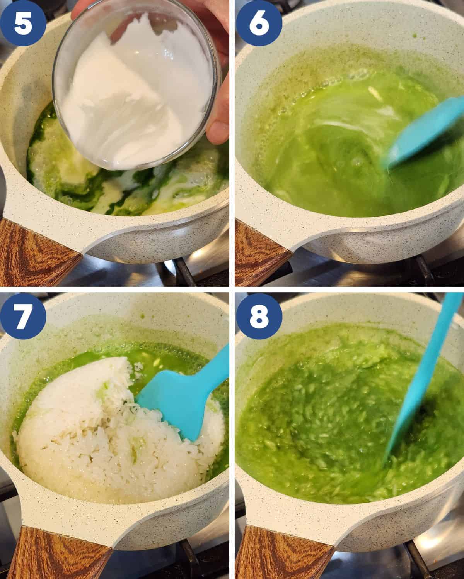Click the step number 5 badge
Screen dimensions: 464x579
(x=23, y=23)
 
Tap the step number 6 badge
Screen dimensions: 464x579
(x=259, y=23)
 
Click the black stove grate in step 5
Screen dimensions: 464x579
(x=183, y=272)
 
